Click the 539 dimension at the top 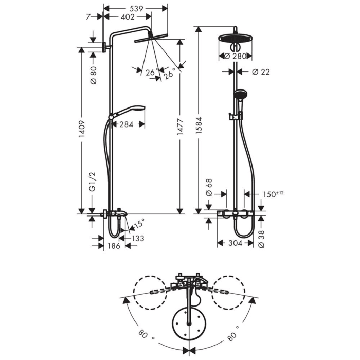point(136,8)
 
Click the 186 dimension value point(114,246)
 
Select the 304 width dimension point(234,243)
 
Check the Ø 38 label point(261,236)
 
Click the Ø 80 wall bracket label point(93,76)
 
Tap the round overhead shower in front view point(235,39)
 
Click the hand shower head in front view point(240,95)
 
